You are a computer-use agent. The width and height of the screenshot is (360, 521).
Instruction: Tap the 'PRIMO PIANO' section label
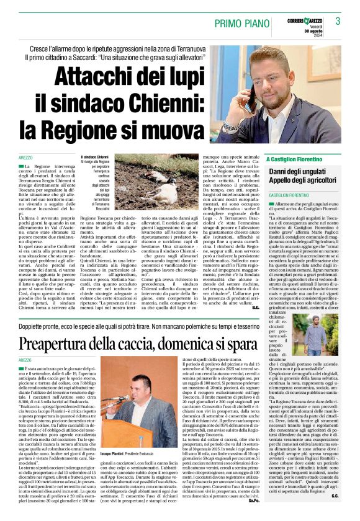(x=242, y=23)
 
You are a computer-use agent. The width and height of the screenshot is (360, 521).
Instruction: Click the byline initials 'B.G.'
(x=255, y=307)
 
